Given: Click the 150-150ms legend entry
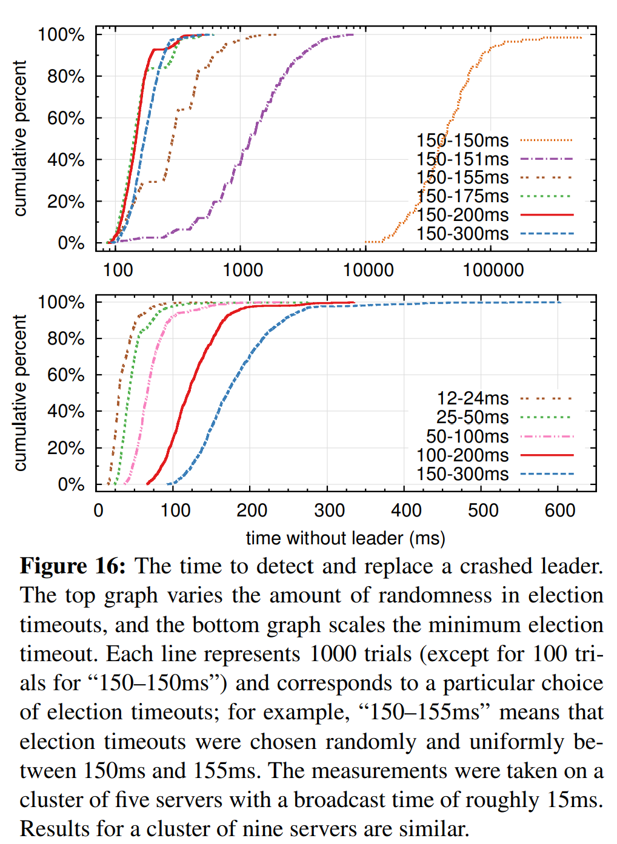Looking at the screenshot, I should (x=462, y=140).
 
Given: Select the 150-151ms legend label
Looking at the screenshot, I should (x=462, y=159).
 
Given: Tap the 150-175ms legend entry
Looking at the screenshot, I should (x=462, y=196).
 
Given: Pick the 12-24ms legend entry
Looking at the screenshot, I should (x=473, y=398).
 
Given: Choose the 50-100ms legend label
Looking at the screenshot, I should (x=467, y=437).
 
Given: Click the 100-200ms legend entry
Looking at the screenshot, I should (x=462, y=455).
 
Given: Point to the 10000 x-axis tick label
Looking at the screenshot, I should (x=369, y=270).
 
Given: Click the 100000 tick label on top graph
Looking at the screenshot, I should (x=493, y=270).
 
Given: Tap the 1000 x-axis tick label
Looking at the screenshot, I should (x=243, y=270).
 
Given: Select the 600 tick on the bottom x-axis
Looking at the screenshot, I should (x=560, y=510).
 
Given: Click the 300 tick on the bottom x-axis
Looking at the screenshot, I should (x=329, y=510).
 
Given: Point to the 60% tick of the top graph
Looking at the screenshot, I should (x=66, y=118).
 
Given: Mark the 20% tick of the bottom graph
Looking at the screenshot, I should (x=66, y=449).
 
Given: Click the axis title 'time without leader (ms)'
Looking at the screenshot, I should (x=345, y=538).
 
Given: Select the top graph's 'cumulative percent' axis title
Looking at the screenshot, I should (x=21, y=138).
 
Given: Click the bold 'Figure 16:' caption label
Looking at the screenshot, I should (x=73, y=566).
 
